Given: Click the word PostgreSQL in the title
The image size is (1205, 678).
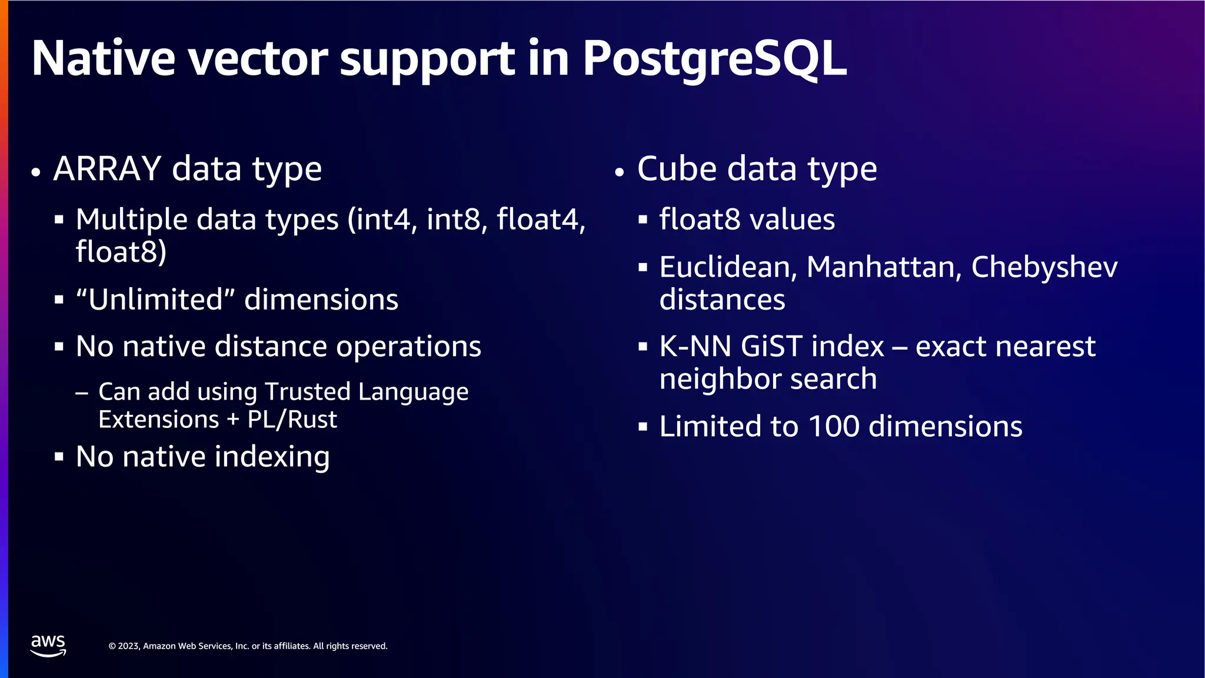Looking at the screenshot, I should tap(714, 59).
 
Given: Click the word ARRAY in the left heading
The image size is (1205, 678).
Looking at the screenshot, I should tap(107, 169).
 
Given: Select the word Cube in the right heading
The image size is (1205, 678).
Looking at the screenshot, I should tap(676, 169).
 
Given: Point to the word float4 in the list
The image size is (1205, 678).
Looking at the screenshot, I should tap(540, 219).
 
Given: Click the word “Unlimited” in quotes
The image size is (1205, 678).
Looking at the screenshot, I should tap(155, 299).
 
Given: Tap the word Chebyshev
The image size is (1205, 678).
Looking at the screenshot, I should tap(1044, 267).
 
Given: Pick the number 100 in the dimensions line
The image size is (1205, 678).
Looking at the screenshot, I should tap(833, 426).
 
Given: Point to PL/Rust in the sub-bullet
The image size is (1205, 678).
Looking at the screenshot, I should tap(292, 420).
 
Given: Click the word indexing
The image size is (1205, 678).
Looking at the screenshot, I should tap(272, 457).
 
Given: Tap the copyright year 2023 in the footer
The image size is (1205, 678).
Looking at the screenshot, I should tap(128, 646).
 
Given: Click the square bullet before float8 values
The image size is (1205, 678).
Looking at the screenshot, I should tap(643, 220).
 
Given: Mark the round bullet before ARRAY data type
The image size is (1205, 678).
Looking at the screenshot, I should tap(36, 172).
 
